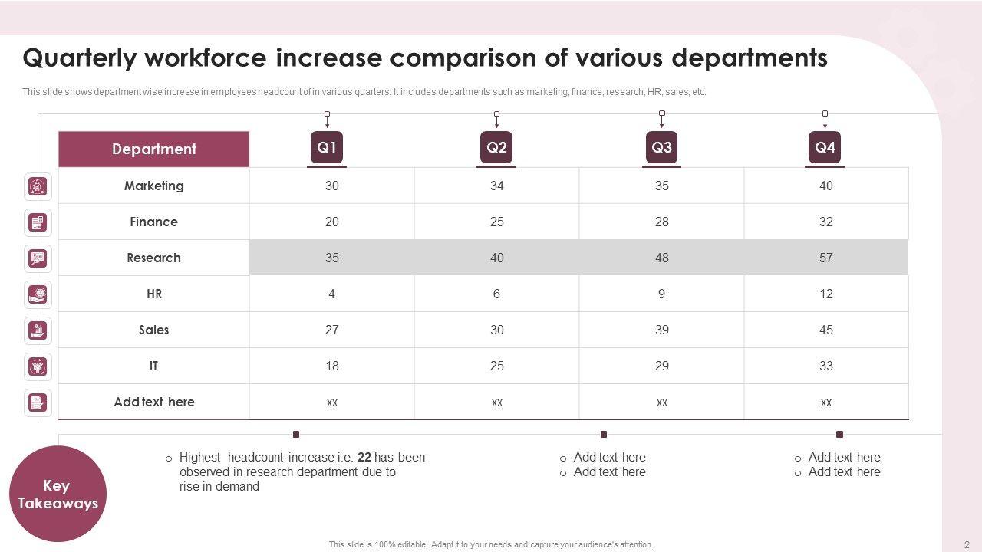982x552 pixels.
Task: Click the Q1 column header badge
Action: point(327,147)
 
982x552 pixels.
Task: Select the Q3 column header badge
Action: point(661,147)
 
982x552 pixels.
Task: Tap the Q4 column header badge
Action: point(825,147)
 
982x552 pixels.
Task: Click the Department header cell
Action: point(154,149)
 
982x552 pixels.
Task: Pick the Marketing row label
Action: point(154,186)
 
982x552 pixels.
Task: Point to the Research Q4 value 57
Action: point(825,258)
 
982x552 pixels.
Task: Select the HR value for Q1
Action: point(331,294)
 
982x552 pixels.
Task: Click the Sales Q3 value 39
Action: point(661,330)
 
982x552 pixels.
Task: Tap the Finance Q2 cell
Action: point(496,222)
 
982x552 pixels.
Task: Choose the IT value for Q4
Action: point(825,366)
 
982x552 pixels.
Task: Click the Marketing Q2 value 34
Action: point(496,186)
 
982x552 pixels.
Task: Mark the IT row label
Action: point(154,366)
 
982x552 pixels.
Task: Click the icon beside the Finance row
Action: point(38,222)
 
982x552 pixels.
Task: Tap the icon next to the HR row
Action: point(38,294)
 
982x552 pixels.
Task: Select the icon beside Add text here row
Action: point(38,402)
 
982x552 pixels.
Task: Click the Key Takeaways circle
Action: point(58,495)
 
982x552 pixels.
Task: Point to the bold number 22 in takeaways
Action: point(364,457)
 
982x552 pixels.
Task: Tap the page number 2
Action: point(967,544)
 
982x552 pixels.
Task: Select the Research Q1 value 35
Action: point(331,258)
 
